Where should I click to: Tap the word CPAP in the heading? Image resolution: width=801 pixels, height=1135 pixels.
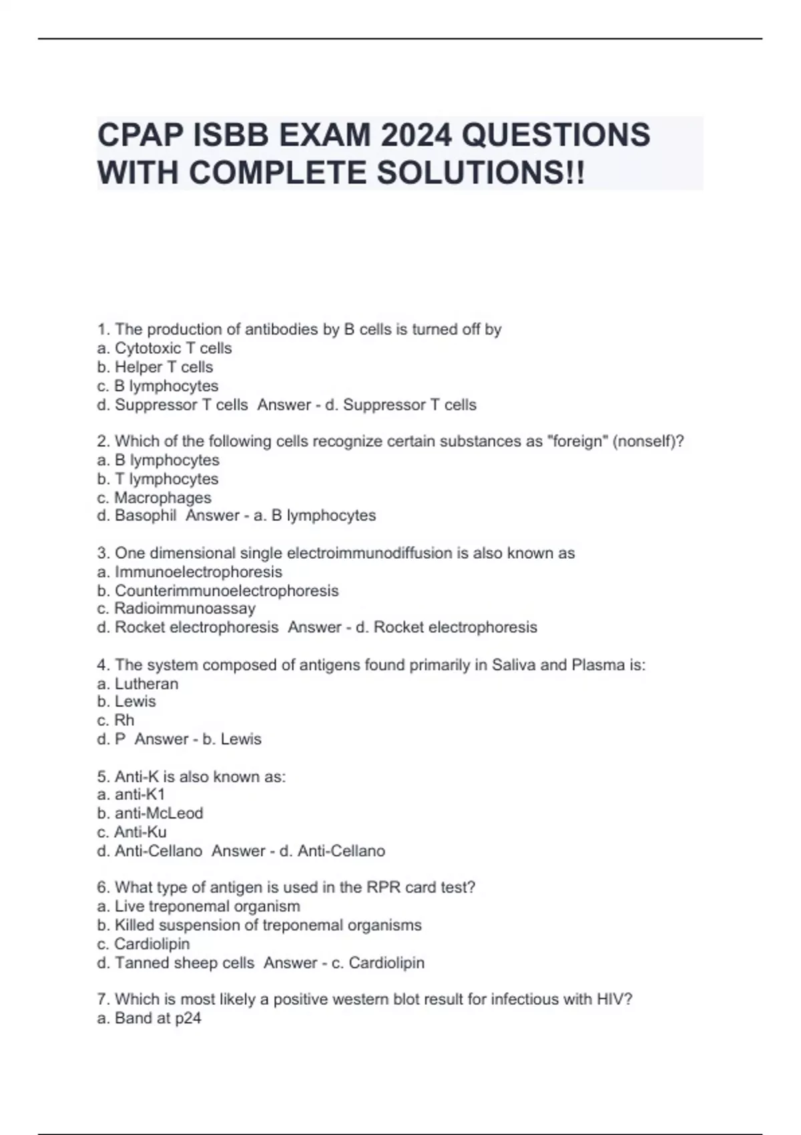(140, 135)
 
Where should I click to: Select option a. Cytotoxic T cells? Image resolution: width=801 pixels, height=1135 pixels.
(164, 349)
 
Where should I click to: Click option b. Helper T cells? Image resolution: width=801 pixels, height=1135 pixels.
(155, 367)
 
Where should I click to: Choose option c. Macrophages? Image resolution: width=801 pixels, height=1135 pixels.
(154, 497)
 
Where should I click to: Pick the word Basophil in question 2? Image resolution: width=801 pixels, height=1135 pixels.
(146, 515)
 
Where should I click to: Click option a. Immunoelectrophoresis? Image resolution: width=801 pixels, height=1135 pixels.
(190, 572)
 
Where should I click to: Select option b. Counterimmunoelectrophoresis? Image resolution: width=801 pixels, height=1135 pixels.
(218, 591)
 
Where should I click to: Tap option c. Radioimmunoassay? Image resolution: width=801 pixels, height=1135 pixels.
(176, 609)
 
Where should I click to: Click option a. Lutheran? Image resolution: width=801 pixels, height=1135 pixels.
(138, 684)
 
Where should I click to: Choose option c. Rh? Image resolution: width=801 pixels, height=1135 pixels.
(115, 720)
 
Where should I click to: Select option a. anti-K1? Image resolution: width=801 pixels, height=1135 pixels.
(131, 794)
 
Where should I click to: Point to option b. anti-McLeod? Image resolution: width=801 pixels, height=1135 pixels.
(150, 813)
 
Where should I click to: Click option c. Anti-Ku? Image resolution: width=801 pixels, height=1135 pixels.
(131, 832)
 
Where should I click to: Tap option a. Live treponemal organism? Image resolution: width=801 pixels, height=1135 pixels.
(198, 907)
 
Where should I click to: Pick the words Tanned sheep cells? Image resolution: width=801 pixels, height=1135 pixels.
(184, 963)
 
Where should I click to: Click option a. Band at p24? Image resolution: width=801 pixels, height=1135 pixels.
(149, 1018)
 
